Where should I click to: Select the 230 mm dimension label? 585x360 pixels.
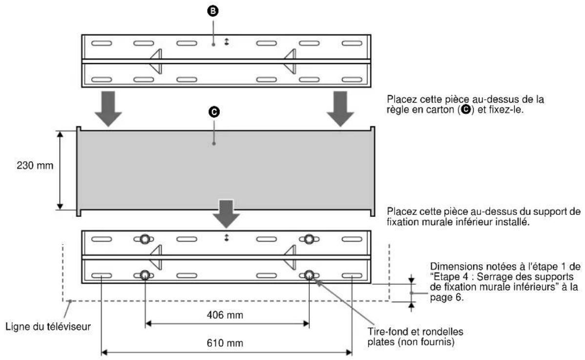pos(33,166)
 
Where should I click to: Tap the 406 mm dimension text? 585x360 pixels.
pos(227,315)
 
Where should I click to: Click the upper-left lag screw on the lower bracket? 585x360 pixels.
pos(145,239)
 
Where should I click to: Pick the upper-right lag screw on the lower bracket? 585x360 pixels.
pos(309,239)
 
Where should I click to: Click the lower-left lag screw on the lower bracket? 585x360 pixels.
pos(145,275)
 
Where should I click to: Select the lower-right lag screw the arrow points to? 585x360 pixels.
pos(309,275)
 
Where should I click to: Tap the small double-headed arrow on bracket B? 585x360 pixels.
pos(226,42)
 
